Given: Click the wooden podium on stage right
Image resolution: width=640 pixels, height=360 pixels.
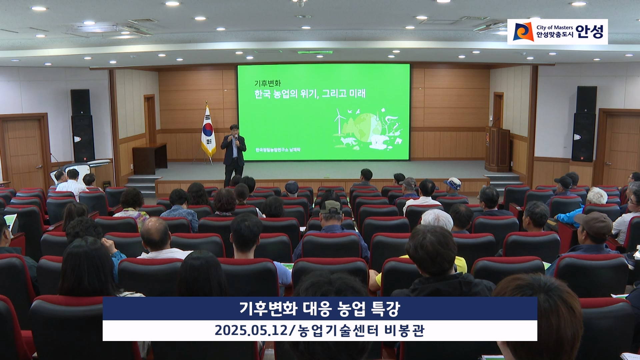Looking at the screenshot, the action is tap(497, 149).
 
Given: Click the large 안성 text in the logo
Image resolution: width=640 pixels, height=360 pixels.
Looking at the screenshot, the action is tap(589, 32).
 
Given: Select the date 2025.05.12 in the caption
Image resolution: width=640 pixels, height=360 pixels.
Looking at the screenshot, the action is tap(251, 331).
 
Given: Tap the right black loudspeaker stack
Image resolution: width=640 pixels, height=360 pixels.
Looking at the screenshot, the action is tap(584, 124).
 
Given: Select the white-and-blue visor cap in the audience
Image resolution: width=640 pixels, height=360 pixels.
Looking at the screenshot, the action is tap(453, 183).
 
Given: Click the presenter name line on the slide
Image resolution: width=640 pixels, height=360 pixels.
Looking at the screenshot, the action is tap(278, 150).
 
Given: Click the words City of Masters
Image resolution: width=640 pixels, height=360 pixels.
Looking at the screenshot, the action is tap(555, 27).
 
